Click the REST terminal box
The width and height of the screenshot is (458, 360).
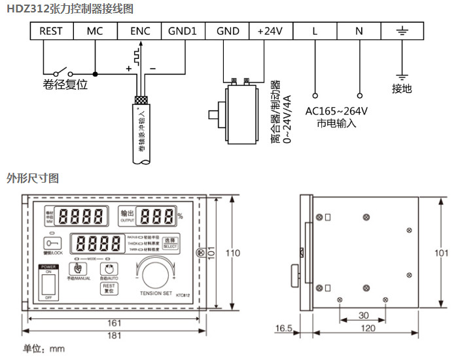[x=50, y=31]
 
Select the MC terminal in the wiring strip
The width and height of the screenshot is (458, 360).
[x=95, y=31]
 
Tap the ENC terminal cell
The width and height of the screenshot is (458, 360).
[x=139, y=31]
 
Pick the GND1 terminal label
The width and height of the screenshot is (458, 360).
[x=183, y=31]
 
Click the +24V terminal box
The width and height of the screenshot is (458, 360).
[x=270, y=31]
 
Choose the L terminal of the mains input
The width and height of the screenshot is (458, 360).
[x=315, y=31]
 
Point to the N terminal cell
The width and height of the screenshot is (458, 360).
[x=359, y=31]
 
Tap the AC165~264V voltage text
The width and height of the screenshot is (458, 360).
[x=336, y=111]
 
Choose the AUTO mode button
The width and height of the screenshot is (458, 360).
[x=109, y=268]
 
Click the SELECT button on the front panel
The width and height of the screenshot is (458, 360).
[x=170, y=242]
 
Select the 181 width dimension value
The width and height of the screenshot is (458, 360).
[x=114, y=336]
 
